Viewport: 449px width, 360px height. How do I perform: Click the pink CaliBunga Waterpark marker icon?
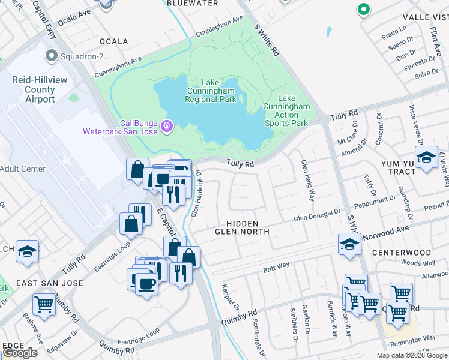[x=167, y=125]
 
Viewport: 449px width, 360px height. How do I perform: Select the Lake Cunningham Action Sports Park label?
[x=286, y=110]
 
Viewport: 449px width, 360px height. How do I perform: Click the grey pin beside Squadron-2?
[x=52, y=58]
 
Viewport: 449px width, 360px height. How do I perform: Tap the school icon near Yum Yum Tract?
[x=426, y=158]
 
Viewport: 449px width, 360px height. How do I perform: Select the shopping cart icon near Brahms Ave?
[x=44, y=304]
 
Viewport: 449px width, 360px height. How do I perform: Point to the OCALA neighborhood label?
[x=114, y=41]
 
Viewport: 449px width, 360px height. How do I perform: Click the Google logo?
[x=20, y=353]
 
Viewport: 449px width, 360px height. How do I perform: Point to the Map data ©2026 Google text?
[x=411, y=355]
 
